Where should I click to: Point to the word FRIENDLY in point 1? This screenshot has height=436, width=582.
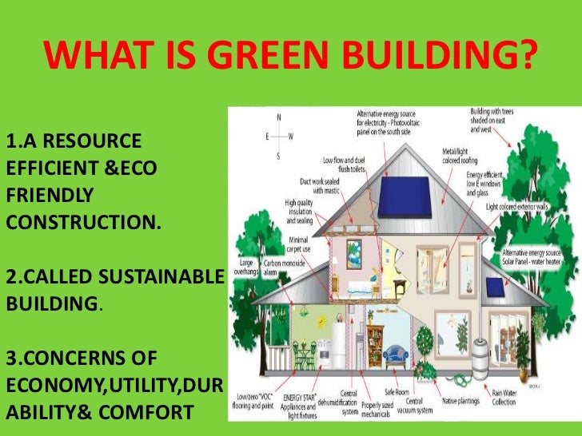[x=50, y=195]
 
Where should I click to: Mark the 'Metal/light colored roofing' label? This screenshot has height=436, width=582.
[x=460, y=155]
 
